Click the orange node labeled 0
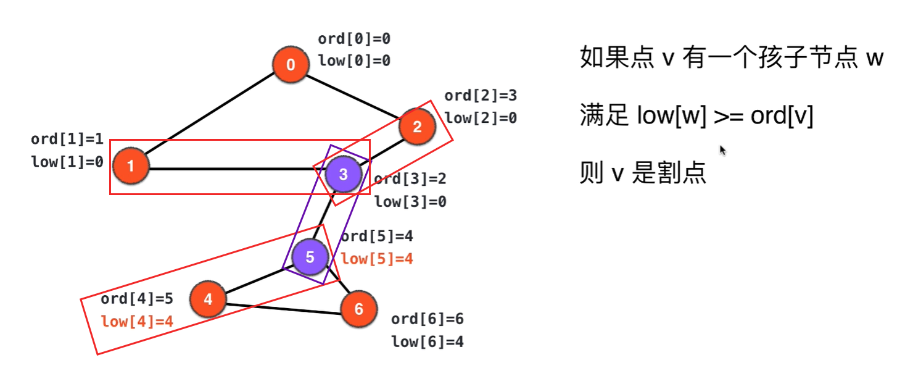point(291,65)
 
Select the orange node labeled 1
point(131,165)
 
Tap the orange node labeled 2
point(417,127)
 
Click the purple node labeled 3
point(344,174)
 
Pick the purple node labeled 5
point(310,257)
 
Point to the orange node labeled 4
point(208,299)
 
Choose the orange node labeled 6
point(358,309)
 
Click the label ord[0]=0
point(354,39)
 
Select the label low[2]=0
point(481,117)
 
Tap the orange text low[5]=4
point(377,259)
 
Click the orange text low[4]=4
point(137,321)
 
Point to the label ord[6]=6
point(428,319)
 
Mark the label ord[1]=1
point(67,140)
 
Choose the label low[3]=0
point(410,201)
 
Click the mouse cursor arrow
point(722,150)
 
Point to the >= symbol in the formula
point(730,115)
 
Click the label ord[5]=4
point(377,236)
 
